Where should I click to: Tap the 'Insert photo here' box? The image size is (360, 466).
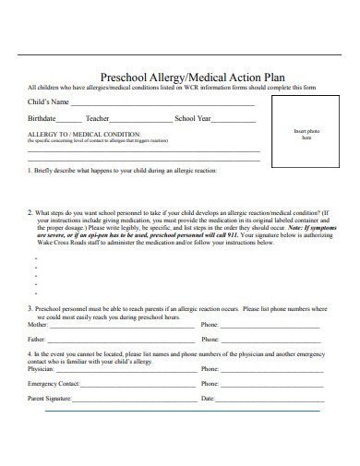coord(306,135)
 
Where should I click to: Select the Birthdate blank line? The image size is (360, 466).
coord(68,122)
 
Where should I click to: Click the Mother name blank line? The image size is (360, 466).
coord(122,327)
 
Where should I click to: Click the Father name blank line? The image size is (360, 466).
coord(122,341)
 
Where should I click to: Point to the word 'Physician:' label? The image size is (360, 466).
coord(42,369)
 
